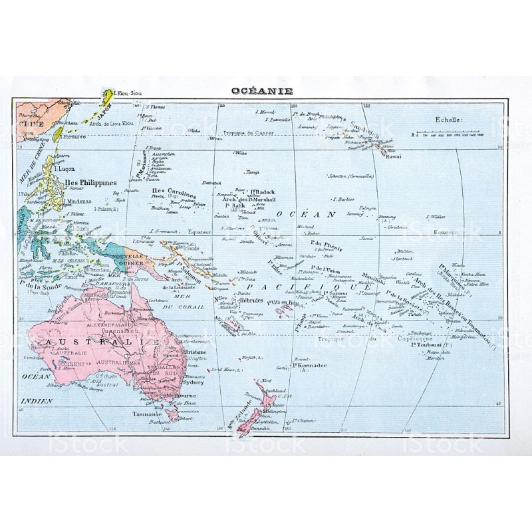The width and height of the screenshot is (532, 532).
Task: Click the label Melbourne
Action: (182, 397)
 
